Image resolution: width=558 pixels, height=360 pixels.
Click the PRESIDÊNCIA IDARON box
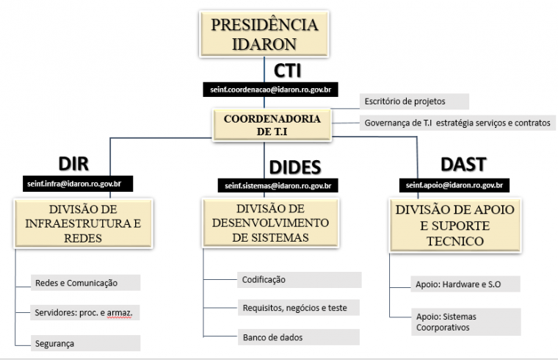(264, 34)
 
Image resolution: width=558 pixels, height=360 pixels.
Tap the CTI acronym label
(287, 71)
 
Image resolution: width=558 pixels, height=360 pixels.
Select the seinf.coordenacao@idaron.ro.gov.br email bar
(270, 90)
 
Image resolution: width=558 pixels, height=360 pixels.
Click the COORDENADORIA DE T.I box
(272, 125)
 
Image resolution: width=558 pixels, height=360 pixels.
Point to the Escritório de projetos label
(414, 101)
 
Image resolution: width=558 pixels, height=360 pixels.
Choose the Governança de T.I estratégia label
(457, 123)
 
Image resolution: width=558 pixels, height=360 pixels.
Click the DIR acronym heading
(73, 164)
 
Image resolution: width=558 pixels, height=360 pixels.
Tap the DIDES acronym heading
(295, 167)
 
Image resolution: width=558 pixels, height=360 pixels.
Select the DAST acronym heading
(463, 164)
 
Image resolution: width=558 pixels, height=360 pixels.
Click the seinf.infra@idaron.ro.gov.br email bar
(78, 184)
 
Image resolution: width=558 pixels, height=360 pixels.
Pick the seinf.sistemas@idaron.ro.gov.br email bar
(278, 186)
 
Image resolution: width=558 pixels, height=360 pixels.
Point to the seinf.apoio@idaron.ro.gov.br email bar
(454, 185)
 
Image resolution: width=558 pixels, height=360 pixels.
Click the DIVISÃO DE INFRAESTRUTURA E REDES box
(83, 223)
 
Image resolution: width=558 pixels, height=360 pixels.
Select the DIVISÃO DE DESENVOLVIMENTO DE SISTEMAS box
(270, 223)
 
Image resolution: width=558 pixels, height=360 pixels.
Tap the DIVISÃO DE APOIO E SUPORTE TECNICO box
(455, 226)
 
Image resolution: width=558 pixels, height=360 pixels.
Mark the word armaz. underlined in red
(120, 313)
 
